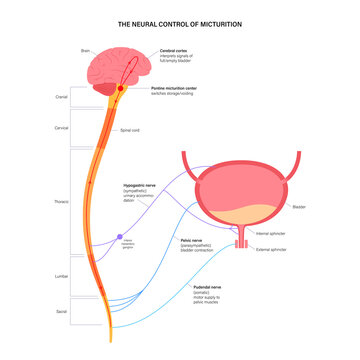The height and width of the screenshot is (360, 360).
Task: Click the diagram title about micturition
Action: coord(180,23)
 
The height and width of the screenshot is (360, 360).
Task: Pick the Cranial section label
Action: coord(61,98)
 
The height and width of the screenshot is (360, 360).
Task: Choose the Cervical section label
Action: coord(60,129)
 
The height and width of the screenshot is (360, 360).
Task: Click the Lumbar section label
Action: coord(60,276)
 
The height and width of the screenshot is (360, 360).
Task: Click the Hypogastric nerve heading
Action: coord(150,185)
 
